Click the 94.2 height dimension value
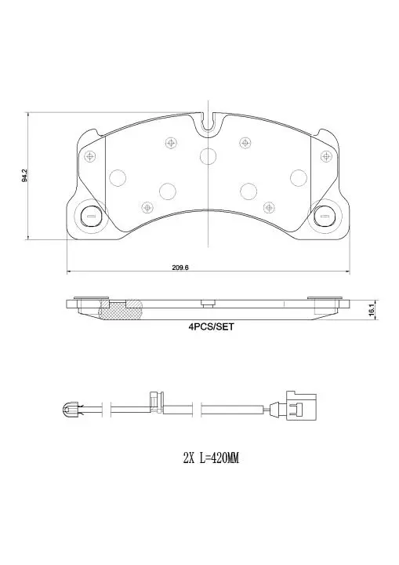pyautogui.click(x=24, y=175)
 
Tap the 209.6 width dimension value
pyautogui.click(x=180, y=268)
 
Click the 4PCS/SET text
pyautogui.click(x=212, y=326)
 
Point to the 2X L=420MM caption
pyautogui.click(x=211, y=458)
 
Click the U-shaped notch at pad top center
pyautogui.click(x=209, y=123)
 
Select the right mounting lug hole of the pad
pyautogui.click(x=325, y=217)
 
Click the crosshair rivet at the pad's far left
pyautogui.click(x=89, y=156)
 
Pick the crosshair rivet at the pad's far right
pyautogui.click(x=326, y=156)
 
